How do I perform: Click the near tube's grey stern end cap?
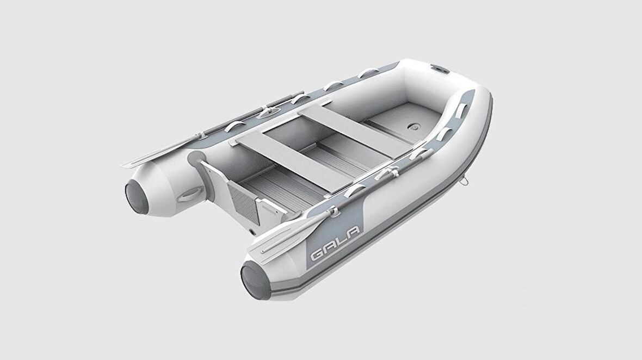point(256,281)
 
